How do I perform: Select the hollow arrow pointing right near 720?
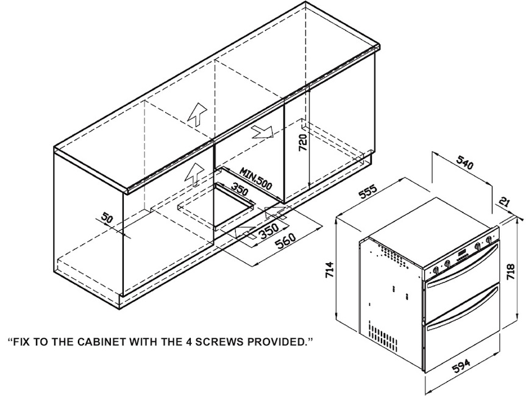(x=263, y=131)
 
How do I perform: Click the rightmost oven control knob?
(x=489, y=243)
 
